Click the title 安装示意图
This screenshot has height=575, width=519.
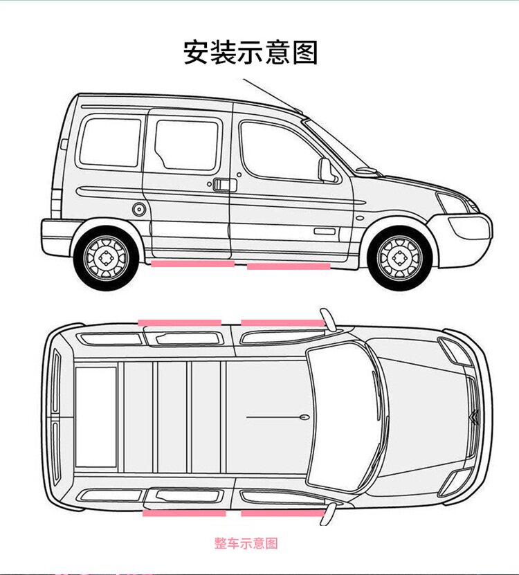(x=251, y=53)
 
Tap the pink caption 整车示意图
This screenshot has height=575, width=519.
(x=246, y=543)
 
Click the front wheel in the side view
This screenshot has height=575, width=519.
(x=399, y=257)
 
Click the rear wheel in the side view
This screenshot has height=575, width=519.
(x=107, y=258)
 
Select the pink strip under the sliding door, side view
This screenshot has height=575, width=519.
(x=192, y=264)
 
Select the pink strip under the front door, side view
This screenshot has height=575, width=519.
(x=289, y=266)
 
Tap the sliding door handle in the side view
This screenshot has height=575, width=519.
(x=223, y=185)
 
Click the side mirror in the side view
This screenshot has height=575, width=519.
(x=325, y=170)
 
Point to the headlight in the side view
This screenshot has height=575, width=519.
(x=452, y=203)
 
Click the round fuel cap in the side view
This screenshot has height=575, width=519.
(x=138, y=208)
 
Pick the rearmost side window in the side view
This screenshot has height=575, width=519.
(x=110, y=142)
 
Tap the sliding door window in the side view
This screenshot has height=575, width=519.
(x=186, y=145)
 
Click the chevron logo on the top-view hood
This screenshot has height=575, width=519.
(x=474, y=417)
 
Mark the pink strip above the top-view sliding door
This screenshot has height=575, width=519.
(x=180, y=322)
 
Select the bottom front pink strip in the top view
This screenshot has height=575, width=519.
(x=282, y=513)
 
